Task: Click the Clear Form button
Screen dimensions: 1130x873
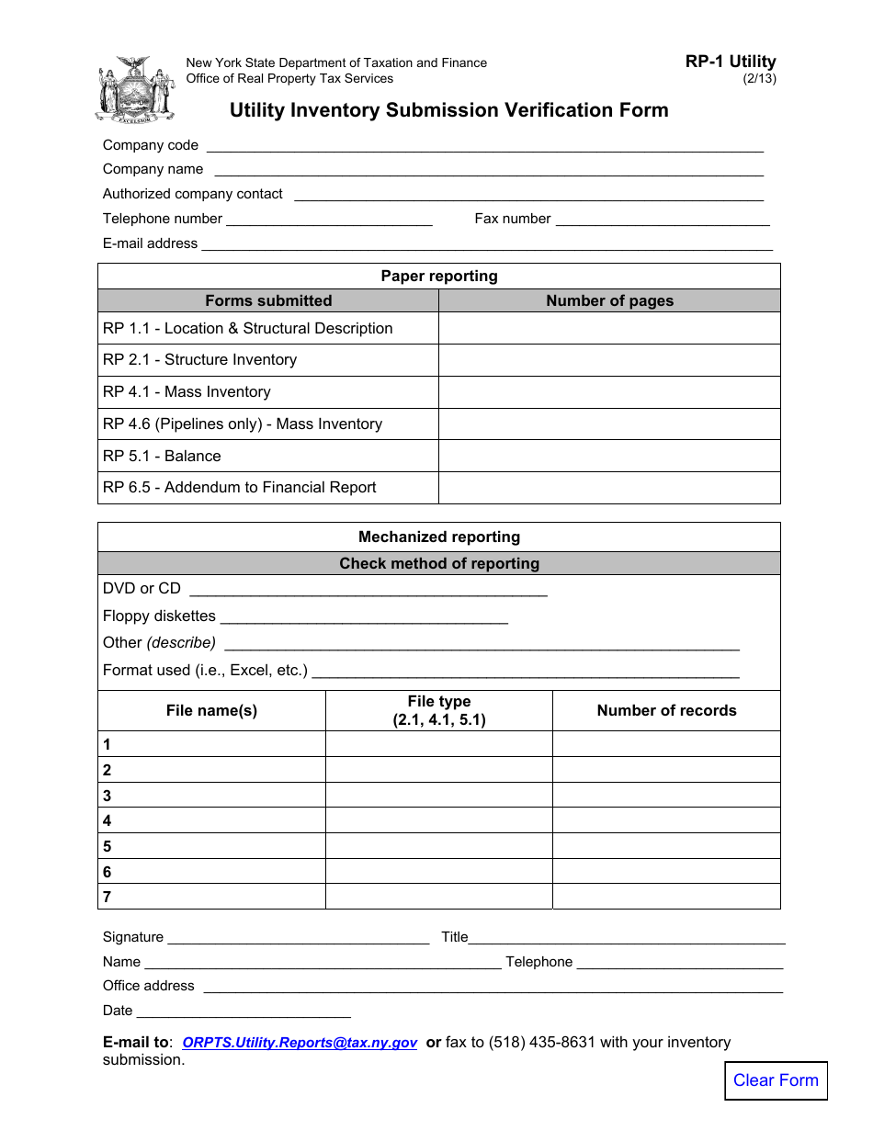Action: pyautogui.click(x=776, y=1080)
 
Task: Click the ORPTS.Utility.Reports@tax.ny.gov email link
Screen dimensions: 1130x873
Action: pyautogui.click(x=300, y=1043)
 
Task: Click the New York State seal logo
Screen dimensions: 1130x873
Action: pyautogui.click(x=134, y=90)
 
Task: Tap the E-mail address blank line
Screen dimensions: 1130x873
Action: pyautogui.click(x=487, y=243)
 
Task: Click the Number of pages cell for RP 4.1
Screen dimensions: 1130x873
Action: pyautogui.click(x=609, y=392)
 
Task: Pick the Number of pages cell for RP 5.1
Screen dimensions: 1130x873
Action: pyautogui.click(x=609, y=457)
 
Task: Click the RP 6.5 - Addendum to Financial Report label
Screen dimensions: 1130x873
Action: pyautogui.click(x=240, y=488)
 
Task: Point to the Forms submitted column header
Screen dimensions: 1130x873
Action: pyautogui.click(x=268, y=301)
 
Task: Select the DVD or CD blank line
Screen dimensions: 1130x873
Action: pyautogui.click(x=367, y=589)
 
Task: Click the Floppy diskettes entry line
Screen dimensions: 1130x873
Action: pyautogui.click(x=364, y=616)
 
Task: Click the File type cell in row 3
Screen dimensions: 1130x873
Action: pyautogui.click(x=439, y=796)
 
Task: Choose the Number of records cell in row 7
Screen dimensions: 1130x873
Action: pyautogui.click(x=666, y=897)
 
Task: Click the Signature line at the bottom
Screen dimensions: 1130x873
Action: pyautogui.click(x=299, y=937)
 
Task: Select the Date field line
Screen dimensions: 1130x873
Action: pyautogui.click(x=244, y=1011)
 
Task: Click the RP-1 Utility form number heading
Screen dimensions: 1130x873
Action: pyautogui.click(x=731, y=62)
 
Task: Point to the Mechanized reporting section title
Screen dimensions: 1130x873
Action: pyautogui.click(x=439, y=537)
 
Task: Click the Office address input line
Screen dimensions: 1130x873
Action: pyautogui.click(x=493, y=986)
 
